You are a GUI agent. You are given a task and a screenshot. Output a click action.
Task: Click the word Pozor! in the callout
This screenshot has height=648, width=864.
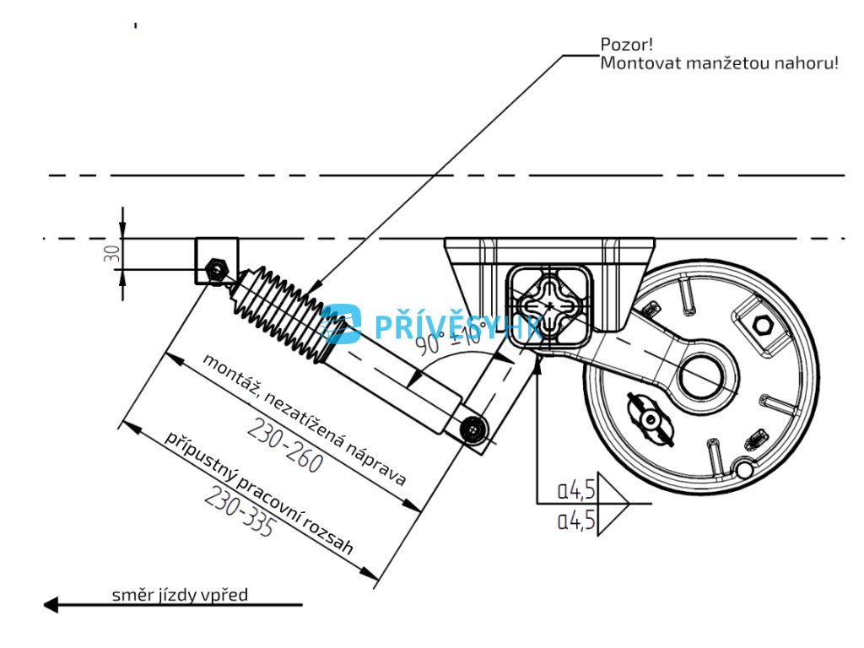pos(623,45)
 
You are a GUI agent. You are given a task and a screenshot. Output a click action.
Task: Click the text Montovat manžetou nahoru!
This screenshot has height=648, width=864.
pos(719,63)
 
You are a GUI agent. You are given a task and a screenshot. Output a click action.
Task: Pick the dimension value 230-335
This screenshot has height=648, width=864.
pos(239,512)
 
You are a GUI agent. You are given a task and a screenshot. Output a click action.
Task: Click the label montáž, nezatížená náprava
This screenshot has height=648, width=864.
pos(303,418)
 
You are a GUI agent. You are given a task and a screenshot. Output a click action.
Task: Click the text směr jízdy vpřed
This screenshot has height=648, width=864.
pos(181,595)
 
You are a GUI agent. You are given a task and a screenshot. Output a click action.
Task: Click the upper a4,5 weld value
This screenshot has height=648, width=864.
pos(577,489)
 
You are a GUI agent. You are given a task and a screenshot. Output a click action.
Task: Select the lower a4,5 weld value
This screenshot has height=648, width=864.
pos(577,520)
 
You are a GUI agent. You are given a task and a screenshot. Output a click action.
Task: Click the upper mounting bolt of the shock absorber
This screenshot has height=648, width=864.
pos(217,269)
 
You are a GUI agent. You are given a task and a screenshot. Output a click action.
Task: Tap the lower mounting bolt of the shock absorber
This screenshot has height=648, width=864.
pos(475,430)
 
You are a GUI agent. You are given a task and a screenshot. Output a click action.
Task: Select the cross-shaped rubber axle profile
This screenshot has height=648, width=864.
pos(548,305)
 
